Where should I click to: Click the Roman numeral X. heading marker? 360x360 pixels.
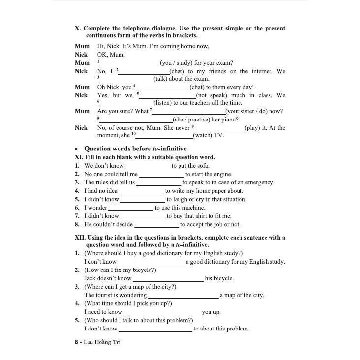coord(78,29)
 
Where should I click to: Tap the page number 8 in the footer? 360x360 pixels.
coord(70,342)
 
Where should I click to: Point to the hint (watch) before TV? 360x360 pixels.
coord(203,135)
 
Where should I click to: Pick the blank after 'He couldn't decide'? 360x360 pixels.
coord(156,225)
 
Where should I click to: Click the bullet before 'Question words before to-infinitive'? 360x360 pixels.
coord(76,149)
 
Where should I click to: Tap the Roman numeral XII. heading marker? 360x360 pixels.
coord(80,237)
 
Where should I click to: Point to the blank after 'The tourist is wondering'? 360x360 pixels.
coord(183,296)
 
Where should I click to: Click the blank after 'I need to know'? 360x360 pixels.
coord(162,312)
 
